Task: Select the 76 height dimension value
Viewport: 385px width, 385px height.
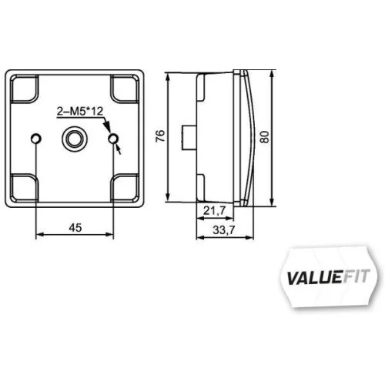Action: pyautogui.click(x=160, y=137)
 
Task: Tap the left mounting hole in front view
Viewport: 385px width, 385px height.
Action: pyautogui.click(x=36, y=139)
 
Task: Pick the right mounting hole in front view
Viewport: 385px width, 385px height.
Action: pyautogui.click(x=114, y=139)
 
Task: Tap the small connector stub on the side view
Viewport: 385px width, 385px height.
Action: pyautogui.click(x=187, y=136)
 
